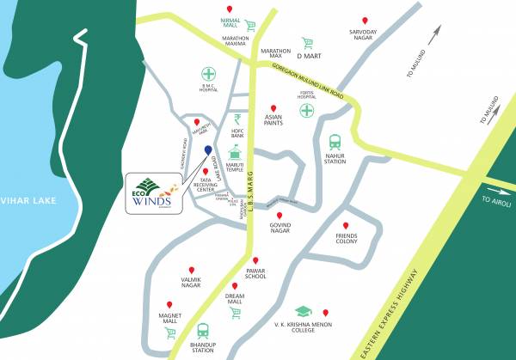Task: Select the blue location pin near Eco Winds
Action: click(208, 152)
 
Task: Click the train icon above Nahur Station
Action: click(335, 141)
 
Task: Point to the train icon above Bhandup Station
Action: click(203, 330)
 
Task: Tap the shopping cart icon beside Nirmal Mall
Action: click(250, 26)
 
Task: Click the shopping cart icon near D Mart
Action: click(307, 42)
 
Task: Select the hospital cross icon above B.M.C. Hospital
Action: click(207, 73)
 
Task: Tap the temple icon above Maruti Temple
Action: click(235, 152)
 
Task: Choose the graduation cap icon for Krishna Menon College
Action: click(303, 312)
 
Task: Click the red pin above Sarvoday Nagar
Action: click(365, 21)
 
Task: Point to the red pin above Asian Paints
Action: click(273, 107)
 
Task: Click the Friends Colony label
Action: click(346, 238)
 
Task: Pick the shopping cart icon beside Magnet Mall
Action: click(170, 332)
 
